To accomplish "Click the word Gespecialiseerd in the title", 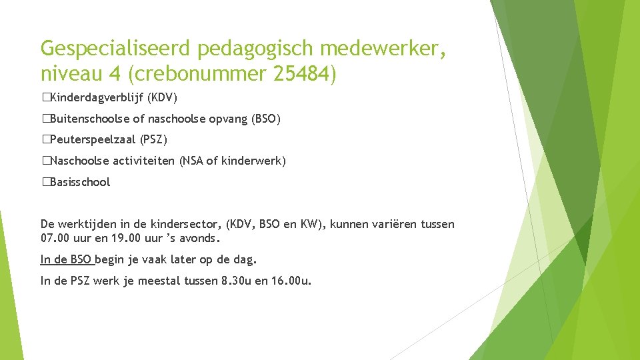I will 113,48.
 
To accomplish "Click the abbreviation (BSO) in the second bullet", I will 266,119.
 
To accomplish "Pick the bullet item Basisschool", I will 79,182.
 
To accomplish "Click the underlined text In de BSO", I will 66,259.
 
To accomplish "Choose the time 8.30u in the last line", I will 234,281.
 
